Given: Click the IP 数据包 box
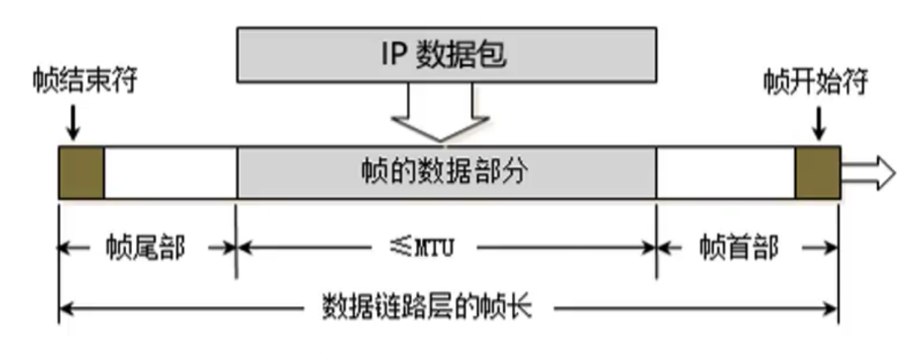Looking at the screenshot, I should click(447, 55).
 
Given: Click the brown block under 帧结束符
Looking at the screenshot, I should click(81, 173).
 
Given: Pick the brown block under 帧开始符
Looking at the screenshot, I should click(817, 173).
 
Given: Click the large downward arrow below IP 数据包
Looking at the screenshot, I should click(440, 113).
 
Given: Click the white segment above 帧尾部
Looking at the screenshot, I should click(169, 173).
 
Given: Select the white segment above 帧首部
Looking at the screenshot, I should click(725, 173).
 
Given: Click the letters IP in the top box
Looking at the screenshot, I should click(394, 55).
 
